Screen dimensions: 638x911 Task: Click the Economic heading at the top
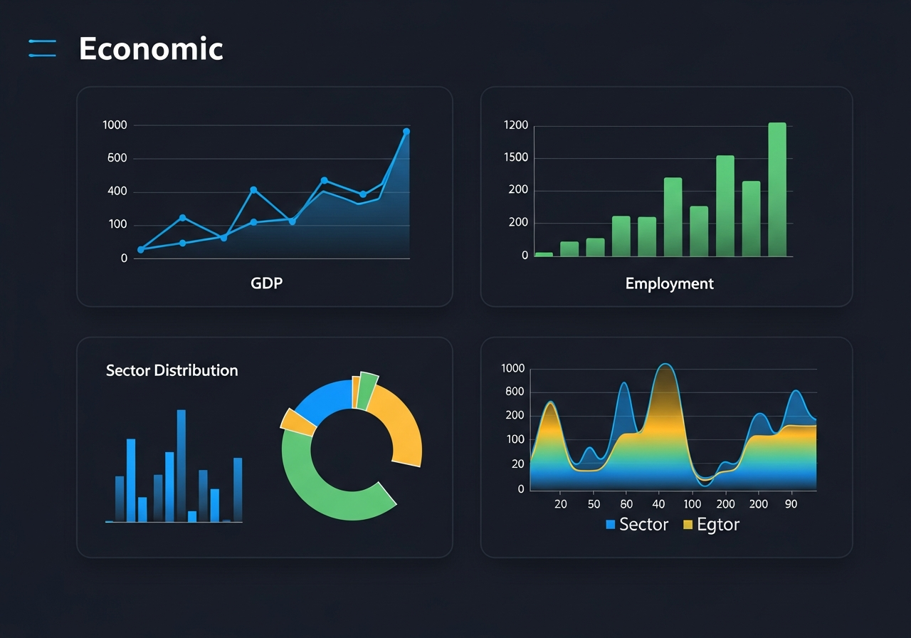click(151, 49)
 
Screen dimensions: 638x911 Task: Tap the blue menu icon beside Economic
click(42, 48)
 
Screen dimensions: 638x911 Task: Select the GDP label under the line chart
click(266, 283)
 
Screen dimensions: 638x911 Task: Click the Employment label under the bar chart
click(669, 283)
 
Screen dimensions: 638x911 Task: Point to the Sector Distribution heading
click(172, 370)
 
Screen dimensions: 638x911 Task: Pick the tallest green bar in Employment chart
click(777, 189)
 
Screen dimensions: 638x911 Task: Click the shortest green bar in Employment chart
click(544, 253)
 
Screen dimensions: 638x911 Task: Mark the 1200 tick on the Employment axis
click(516, 125)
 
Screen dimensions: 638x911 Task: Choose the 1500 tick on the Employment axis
click(516, 157)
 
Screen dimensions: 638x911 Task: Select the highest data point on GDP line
click(406, 132)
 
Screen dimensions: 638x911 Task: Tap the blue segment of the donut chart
click(324, 399)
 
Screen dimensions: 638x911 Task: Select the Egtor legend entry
click(711, 525)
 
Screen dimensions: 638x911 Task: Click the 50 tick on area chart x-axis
click(594, 504)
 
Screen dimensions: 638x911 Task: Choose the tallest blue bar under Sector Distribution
click(181, 466)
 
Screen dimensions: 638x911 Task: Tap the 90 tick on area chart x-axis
click(791, 504)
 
